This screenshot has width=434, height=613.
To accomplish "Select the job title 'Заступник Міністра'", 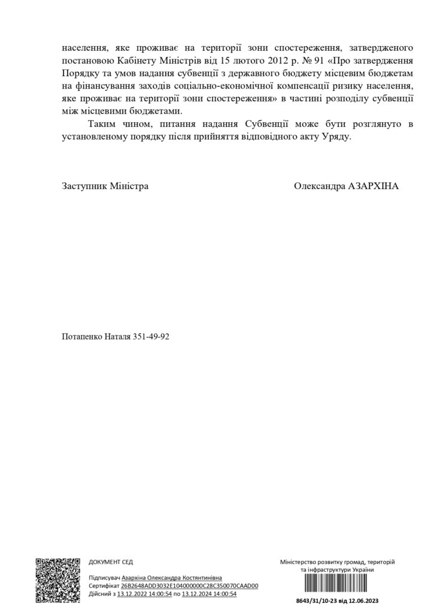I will point(105,186).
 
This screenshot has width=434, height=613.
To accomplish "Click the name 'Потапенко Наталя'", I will point(96,337).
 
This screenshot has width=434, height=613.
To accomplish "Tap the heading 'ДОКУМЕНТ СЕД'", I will point(111,562).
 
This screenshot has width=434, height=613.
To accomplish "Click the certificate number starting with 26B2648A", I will point(189,585).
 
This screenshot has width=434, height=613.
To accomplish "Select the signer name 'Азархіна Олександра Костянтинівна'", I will point(172,578).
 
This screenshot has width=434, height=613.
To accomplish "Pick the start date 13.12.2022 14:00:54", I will point(145,593).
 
